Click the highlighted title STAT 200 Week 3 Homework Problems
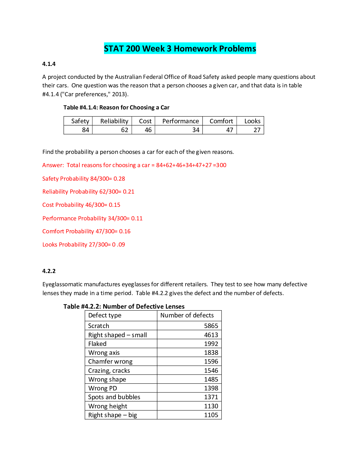180,49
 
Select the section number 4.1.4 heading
49,64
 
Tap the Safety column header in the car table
80,121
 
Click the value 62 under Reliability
124,130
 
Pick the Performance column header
180,121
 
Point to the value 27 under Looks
257,130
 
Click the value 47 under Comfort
229,130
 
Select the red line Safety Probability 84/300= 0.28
84,179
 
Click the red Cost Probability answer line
81,205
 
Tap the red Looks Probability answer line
84,244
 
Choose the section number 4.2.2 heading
49,271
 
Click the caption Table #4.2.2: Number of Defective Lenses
124,307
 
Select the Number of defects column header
187,315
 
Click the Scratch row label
99,326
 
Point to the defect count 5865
211,326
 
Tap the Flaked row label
97,344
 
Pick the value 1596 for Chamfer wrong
211,362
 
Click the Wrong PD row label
103,388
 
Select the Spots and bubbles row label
114,397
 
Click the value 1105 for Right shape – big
211,415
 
